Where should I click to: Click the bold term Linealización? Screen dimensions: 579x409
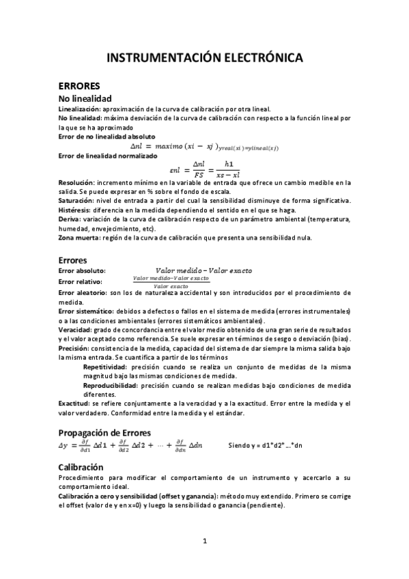[80, 109]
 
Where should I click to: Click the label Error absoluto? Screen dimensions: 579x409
[82, 271]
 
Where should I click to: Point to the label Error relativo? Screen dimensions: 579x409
[81, 281]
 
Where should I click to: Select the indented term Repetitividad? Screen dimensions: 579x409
[108, 367]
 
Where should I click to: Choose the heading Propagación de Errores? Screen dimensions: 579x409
[104, 432]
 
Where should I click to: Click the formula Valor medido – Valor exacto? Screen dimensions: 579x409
[203, 270]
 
